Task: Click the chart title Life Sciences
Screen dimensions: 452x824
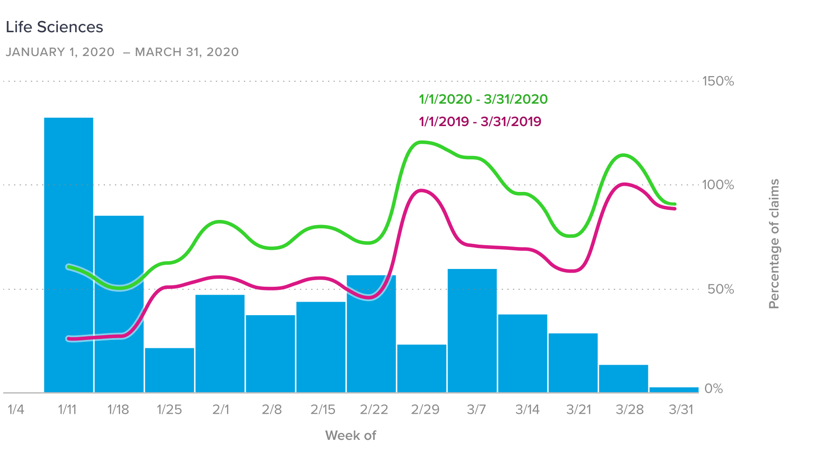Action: tap(54, 27)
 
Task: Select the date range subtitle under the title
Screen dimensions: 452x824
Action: tap(122, 52)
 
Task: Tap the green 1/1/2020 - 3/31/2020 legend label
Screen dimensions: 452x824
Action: tap(483, 99)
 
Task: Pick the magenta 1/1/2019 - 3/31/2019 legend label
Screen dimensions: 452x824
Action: tap(480, 122)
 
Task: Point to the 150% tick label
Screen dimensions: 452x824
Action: tap(718, 81)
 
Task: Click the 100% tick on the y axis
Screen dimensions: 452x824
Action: tap(718, 185)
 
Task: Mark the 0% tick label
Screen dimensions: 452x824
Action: tap(713, 388)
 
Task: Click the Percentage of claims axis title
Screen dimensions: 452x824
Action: tap(774, 244)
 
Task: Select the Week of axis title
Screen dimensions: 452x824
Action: tap(350, 436)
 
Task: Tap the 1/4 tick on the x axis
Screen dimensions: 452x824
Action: tap(16, 410)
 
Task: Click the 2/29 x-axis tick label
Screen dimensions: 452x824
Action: tap(425, 410)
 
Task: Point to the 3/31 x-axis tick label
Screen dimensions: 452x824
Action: tap(681, 410)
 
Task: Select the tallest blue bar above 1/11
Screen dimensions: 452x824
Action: tap(69, 254)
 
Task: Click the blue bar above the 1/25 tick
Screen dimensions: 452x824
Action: tap(170, 370)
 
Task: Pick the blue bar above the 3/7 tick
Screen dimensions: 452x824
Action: tap(472, 330)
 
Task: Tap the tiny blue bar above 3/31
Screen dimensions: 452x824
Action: tap(674, 389)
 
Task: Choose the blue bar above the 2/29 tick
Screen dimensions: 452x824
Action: tap(422, 368)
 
